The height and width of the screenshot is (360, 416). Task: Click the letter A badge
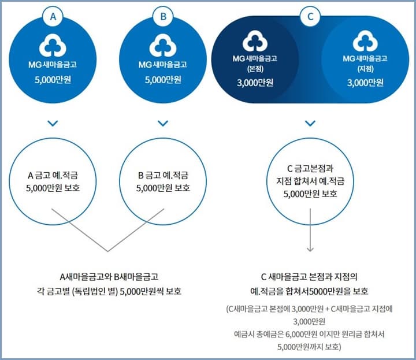(54, 17)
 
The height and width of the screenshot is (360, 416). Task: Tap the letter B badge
(163, 17)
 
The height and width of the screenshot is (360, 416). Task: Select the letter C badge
(310, 17)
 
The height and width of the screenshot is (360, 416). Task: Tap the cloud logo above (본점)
(255, 42)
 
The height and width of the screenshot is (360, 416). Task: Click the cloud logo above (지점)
(365, 42)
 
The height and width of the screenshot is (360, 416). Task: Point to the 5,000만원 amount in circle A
(54, 80)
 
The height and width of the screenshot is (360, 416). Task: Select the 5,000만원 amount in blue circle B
(163, 80)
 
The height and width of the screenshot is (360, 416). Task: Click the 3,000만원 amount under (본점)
(255, 82)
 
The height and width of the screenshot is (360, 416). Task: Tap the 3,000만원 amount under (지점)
(365, 82)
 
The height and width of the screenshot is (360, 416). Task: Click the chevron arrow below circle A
(54, 123)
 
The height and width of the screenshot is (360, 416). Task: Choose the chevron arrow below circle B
(163, 123)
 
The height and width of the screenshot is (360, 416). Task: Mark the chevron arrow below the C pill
(310, 123)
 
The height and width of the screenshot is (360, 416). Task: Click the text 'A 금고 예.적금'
(54, 175)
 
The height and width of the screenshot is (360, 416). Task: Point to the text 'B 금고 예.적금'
(163, 175)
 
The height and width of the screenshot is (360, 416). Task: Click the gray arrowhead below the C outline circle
(310, 249)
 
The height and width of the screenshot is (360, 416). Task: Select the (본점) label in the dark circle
(255, 69)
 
